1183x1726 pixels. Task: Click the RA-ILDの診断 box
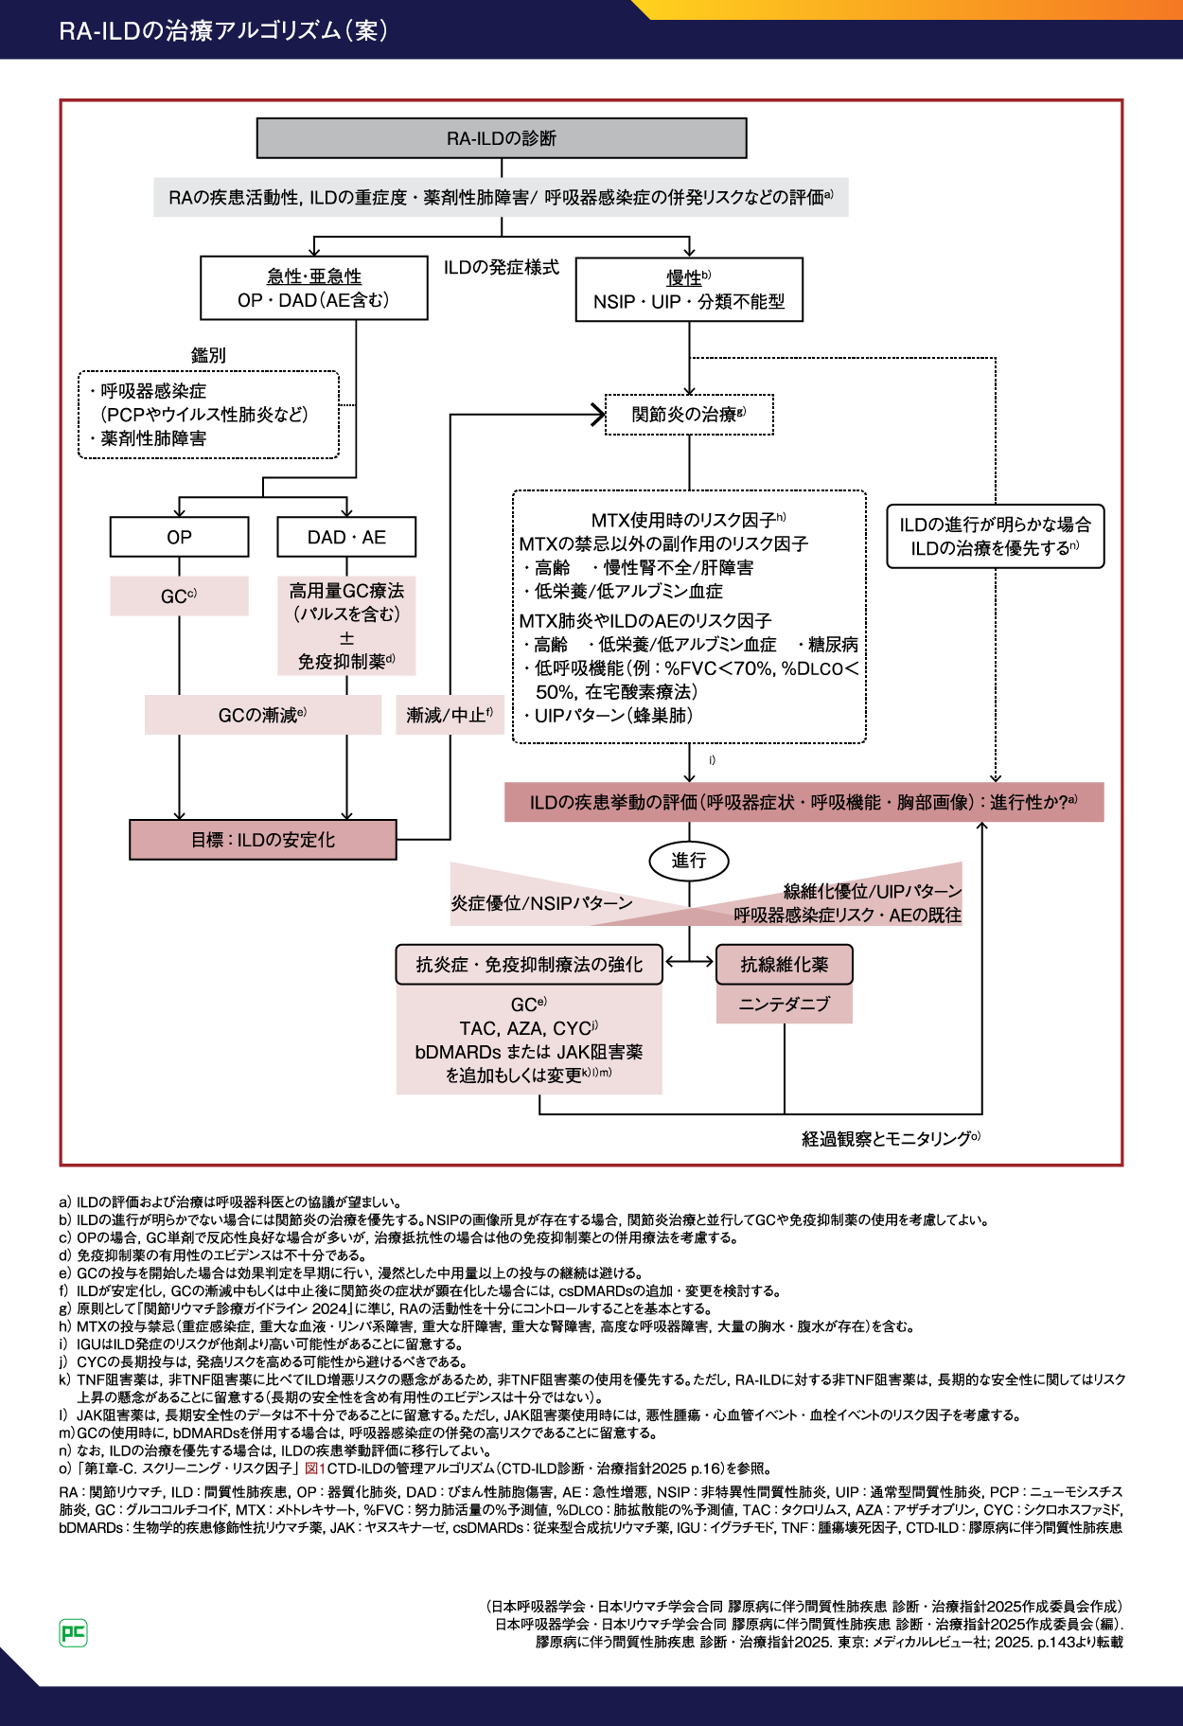tap(502, 138)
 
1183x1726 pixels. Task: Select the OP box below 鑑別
tap(180, 537)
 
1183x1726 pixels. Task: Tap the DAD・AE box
tap(346, 537)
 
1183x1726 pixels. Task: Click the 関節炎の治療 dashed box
tap(689, 415)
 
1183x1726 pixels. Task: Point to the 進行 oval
tap(689, 861)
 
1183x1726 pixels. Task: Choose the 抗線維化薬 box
tap(785, 965)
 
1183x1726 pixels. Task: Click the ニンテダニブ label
tap(785, 1005)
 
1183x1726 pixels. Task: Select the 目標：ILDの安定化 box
tap(263, 840)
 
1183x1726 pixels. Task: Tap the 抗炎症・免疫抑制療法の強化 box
tap(529, 965)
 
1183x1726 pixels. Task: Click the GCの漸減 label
tap(262, 715)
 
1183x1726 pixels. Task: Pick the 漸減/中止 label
tap(450, 715)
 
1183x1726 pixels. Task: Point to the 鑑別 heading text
tap(208, 355)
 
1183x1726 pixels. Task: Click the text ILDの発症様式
tap(502, 268)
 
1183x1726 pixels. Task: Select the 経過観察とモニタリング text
tap(891, 1139)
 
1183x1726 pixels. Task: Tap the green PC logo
tap(73, 1633)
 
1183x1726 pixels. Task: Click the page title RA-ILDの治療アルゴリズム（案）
tap(223, 30)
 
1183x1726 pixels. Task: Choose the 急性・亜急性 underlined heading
tap(314, 276)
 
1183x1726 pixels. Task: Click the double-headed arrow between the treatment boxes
tap(689, 962)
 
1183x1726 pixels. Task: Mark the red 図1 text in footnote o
tap(314, 1468)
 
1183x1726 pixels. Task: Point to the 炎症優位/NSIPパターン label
tap(541, 903)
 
